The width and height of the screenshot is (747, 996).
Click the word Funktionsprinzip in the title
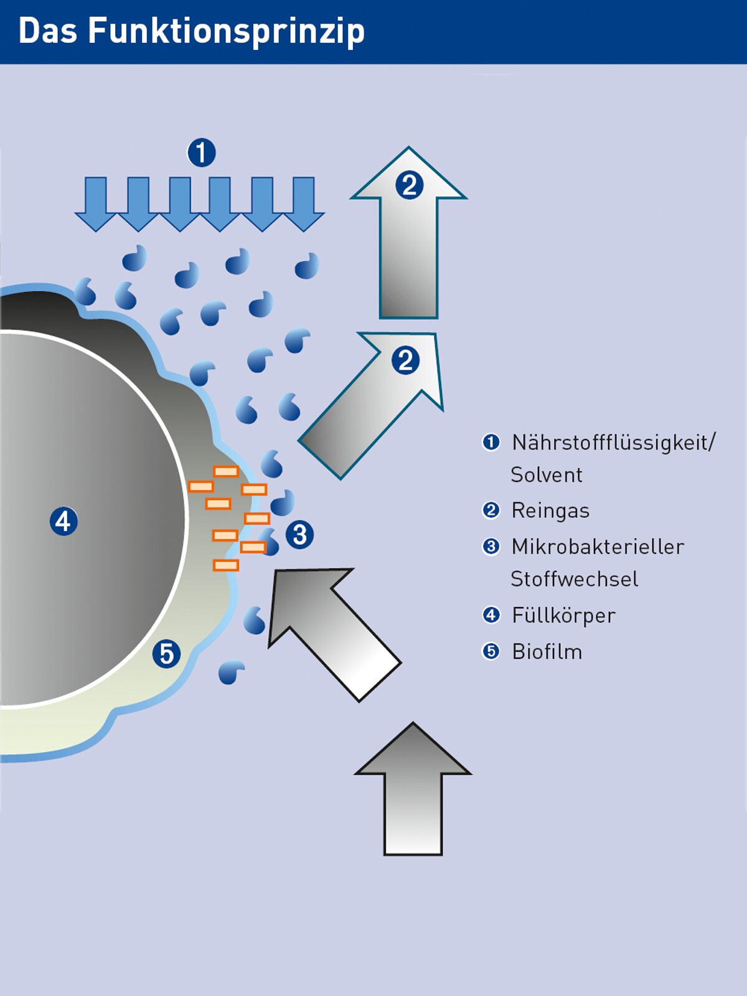[x=226, y=31]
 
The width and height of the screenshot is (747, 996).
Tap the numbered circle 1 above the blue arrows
[x=201, y=153]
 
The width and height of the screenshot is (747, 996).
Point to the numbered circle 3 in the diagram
[x=299, y=535]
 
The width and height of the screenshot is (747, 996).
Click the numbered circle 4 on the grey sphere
[x=63, y=521]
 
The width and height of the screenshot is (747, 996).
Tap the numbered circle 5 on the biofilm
[x=166, y=654]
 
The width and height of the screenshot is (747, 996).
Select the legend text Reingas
[x=550, y=510]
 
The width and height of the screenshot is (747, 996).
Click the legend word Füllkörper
[x=563, y=615]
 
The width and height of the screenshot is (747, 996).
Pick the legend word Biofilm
[x=547, y=652]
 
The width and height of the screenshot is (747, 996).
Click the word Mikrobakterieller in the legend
[x=598, y=547]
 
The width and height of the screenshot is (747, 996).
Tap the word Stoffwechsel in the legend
[x=574, y=579]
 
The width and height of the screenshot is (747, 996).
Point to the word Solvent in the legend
[x=547, y=475]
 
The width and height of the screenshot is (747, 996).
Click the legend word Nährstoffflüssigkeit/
[x=614, y=443]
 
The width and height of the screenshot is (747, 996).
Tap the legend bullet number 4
[x=491, y=615]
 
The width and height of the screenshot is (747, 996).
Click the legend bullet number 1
[x=491, y=443]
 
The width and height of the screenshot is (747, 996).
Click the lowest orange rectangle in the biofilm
[x=226, y=565]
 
